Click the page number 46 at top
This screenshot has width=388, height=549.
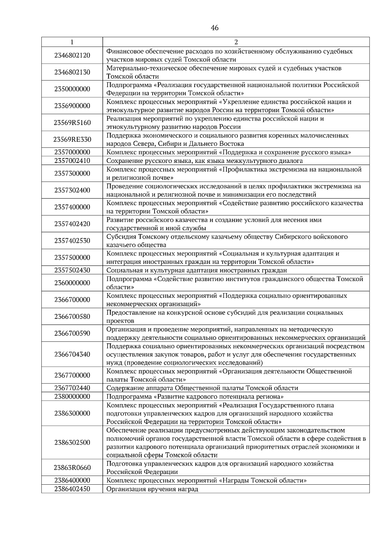point(214,28)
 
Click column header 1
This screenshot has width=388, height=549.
point(72,42)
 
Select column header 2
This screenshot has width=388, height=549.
point(236,42)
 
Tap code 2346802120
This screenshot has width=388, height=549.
point(72,55)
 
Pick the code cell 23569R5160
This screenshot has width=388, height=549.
point(72,123)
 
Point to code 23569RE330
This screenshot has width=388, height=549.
point(72,139)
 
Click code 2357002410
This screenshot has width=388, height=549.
point(72,161)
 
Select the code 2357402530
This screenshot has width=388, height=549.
point(72,241)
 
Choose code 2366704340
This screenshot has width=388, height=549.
point(72,354)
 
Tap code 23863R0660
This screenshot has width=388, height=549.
point(72,468)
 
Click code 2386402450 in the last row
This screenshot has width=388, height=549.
point(72,489)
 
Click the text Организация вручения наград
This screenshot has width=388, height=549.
point(152,489)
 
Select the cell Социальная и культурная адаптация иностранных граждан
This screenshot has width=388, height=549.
point(197,270)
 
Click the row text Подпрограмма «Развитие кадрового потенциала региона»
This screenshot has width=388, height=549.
point(195,396)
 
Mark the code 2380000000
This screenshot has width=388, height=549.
point(72,396)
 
